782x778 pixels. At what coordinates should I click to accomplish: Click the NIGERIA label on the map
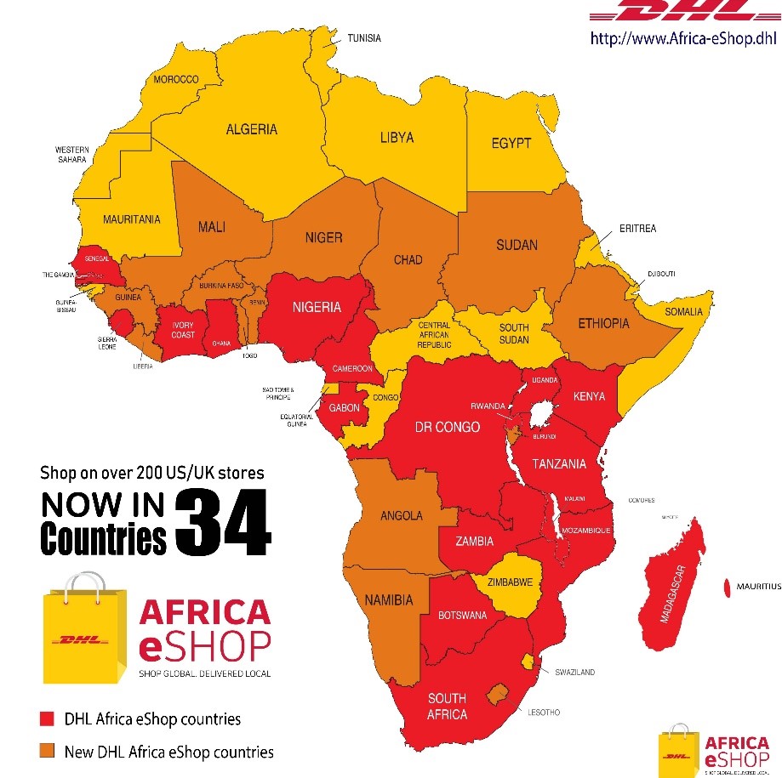[x=317, y=307]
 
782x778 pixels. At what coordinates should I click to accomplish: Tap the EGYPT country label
[x=511, y=143]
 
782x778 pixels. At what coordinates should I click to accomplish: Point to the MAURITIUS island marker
[x=728, y=587]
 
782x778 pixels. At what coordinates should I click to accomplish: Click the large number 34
[x=224, y=521]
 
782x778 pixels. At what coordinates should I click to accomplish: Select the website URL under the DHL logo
[x=683, y=38]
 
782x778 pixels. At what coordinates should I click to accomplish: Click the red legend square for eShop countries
[x=49, y=718]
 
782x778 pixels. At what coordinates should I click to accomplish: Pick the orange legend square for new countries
[x=49, y=751]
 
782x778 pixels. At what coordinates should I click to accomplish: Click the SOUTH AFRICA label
[x=447, y=707]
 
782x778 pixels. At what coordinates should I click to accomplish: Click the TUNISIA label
[x=363, y=38]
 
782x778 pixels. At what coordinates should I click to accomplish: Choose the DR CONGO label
[x=447, y=427]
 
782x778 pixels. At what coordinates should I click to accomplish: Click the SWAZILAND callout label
[x=574, y=672]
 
